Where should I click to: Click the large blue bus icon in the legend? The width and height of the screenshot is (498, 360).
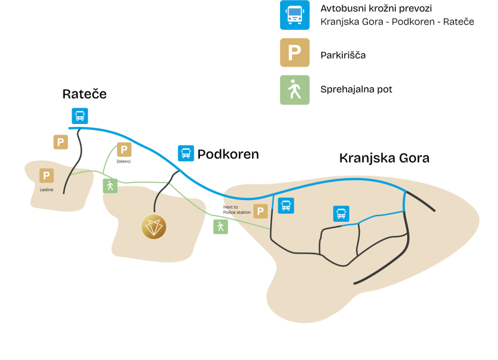coord(294,14)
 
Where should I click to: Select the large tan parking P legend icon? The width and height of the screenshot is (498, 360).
coord(294,52)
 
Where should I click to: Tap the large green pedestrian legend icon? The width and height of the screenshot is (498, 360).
coord(294,90)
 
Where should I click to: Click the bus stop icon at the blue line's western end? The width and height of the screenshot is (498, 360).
coord(80,116)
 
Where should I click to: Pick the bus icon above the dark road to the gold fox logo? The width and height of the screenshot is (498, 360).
coord(186,153)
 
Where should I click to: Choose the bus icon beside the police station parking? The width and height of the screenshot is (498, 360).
coord(286,206)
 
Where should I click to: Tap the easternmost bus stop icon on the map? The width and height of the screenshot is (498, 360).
coord(341,214)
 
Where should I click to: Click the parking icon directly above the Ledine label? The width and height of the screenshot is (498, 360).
coord(47,176)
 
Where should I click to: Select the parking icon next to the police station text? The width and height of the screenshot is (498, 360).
coord(260,211)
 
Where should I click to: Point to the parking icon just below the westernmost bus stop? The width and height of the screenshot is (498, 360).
coord(60,142)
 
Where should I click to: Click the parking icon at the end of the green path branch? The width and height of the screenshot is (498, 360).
coord(124,149)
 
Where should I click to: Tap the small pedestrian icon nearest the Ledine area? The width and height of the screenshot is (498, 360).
coord(110,186)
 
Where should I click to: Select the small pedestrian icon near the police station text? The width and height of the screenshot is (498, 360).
coord(220,227)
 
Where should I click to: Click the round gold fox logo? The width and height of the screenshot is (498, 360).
coord(154,227)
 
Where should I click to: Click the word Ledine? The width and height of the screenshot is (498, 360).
coord(47,189)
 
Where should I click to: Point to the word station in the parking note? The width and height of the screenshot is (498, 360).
coord(242,212)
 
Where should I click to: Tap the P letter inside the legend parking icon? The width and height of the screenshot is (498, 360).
coord(294,53)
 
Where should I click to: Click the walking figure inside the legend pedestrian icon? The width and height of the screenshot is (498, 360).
coord(294,91)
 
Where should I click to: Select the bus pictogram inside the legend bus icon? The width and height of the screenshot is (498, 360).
coord(294,14)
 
